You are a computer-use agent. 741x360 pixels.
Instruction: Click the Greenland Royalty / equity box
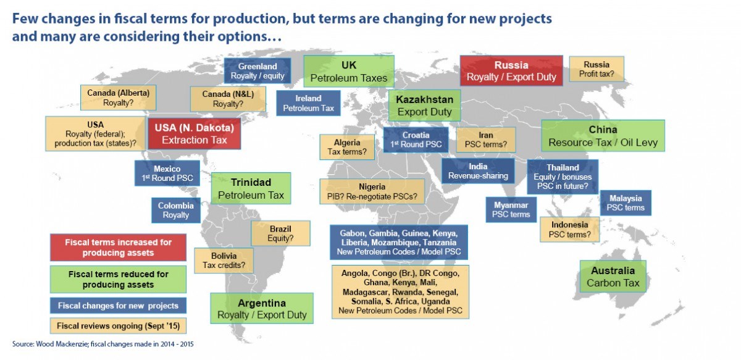coord(257,71)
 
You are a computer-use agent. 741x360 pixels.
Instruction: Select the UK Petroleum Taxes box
coord(349,72)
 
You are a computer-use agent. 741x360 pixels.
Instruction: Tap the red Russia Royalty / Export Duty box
coord(511,71)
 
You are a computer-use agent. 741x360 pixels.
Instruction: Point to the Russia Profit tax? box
coord(597,69)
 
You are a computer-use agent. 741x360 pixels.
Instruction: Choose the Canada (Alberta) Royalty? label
coord(118,98)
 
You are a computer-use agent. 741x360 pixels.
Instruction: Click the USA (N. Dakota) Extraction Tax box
coord(194,133)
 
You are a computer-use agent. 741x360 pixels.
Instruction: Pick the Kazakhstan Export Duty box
coord(424,106)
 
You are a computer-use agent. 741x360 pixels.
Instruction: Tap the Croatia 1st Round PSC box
coord(416,140)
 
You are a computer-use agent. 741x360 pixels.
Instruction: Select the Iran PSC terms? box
coord(485,140)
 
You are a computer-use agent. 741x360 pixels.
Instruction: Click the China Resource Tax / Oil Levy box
coord(603,136)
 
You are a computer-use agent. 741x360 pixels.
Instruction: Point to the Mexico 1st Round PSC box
coord(167,173)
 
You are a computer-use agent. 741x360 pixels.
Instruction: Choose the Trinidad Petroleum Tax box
coord(251,188)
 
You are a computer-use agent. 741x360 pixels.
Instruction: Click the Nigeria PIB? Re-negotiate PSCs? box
coord(372,191)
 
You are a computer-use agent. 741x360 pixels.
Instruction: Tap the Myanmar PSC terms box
coord(511,210)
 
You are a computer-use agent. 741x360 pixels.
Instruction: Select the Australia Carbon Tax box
coord(613,277)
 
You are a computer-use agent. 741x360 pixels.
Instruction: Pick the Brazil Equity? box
coord(280,233)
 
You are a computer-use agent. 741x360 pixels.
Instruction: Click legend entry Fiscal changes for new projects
coord(118,306)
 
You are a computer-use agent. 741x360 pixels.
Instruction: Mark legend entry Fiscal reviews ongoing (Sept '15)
coord(118,326)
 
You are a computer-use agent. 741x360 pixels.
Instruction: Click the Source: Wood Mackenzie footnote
coord(103,344)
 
